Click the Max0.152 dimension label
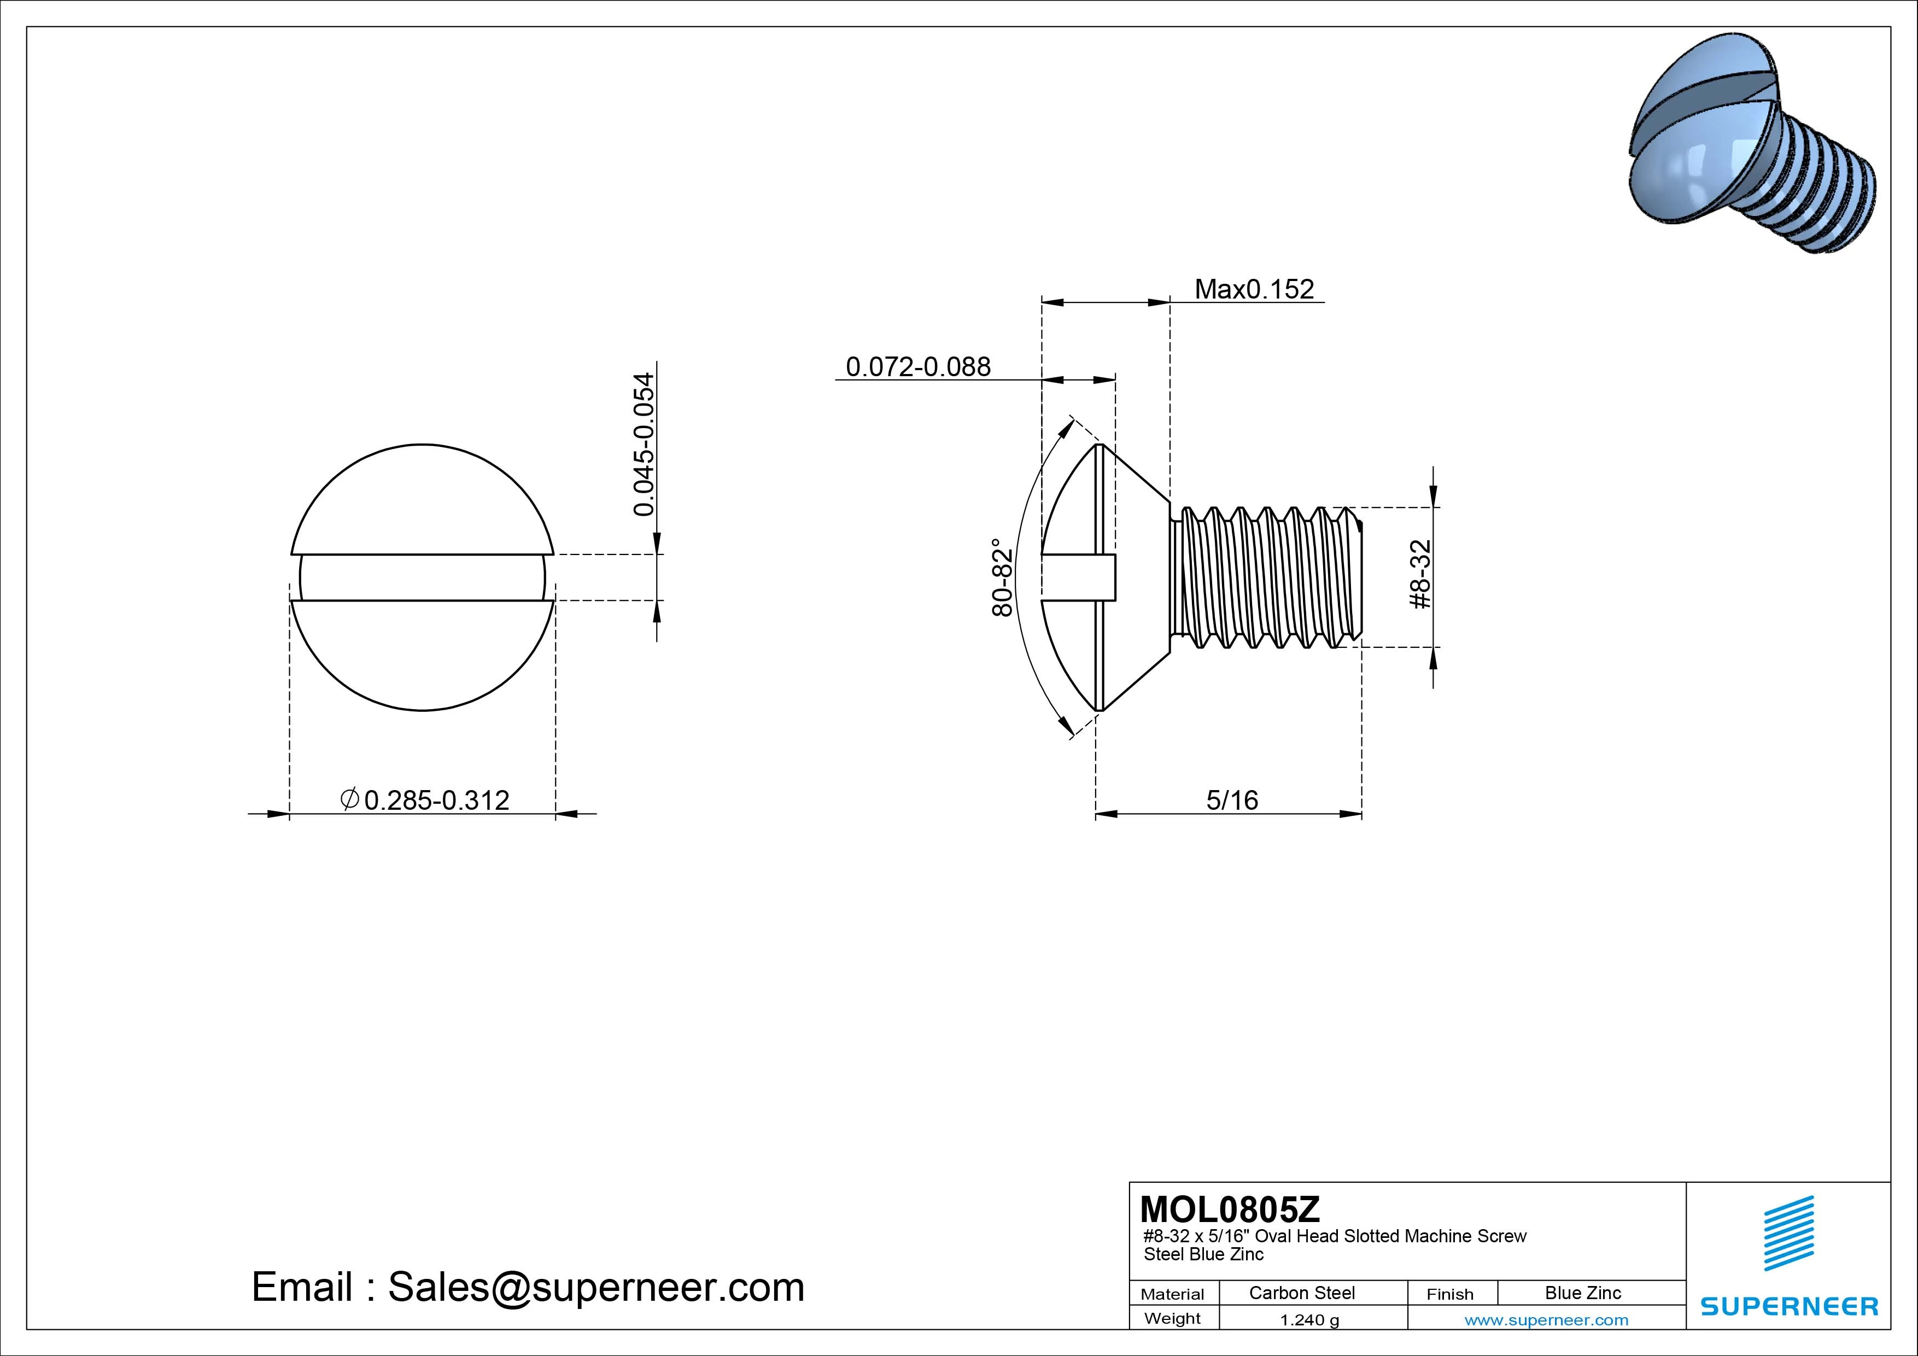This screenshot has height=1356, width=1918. pos(1254,289)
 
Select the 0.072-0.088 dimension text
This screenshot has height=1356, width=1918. pos(918,367)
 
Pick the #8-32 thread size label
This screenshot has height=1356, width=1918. pos(1420,575)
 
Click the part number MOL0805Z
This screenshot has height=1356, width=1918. pos(1230,1209)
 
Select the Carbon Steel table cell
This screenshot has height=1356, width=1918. pos(1301,1293)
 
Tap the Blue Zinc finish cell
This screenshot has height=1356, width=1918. pos(1582,1293)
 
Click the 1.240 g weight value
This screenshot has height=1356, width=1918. pos(1309,1320)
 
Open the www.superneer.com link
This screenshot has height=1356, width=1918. pos(1546,1320)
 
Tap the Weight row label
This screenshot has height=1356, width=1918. pos(1172,1318)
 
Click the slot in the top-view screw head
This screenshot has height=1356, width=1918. pos(422,577)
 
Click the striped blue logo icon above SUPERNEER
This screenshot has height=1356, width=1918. pos(1788,1232)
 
